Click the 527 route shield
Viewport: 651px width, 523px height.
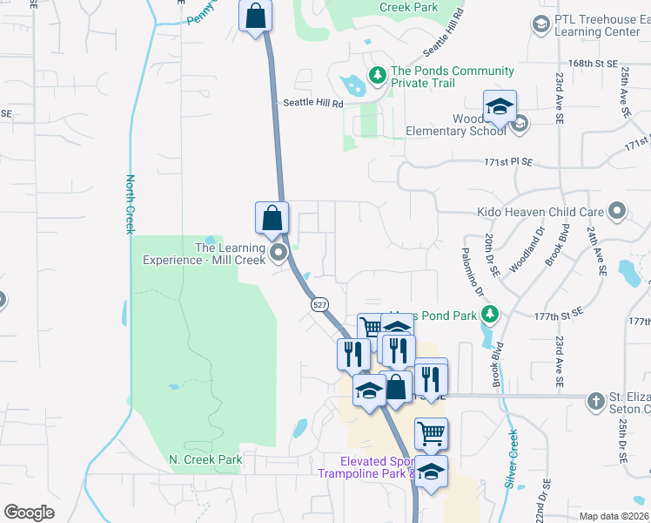pos(319,304)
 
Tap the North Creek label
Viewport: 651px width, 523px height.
pos(130,205)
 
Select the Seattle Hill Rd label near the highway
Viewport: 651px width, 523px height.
pos(313,103)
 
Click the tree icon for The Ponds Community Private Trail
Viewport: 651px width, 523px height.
pos(378,75)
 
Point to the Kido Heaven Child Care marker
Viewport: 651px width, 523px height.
pos(618,211)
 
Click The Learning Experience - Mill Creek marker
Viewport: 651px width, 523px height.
pos(279,254)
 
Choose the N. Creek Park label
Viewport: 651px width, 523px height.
pos(205,459)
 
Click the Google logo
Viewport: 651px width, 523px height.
pos(30,513)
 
